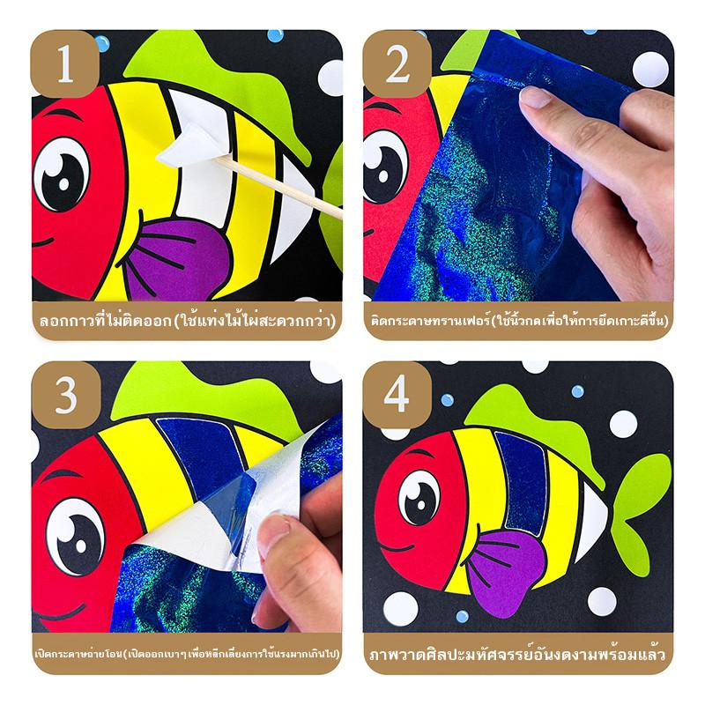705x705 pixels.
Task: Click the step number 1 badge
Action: pos(64,63)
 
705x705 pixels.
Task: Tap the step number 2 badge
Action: pos(397,63)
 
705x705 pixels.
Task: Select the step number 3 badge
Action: pos(65,395)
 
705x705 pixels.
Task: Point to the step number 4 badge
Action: pos(397,395)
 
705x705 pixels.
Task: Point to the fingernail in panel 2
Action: pos(535,98)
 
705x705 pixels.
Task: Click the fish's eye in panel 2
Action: pos(383,167)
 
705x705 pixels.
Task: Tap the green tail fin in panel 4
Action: pos(640,514)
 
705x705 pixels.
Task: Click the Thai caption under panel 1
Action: pos(188,321)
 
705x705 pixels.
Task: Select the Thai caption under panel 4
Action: pos(517,654)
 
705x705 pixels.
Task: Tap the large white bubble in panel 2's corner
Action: pos(650,70)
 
